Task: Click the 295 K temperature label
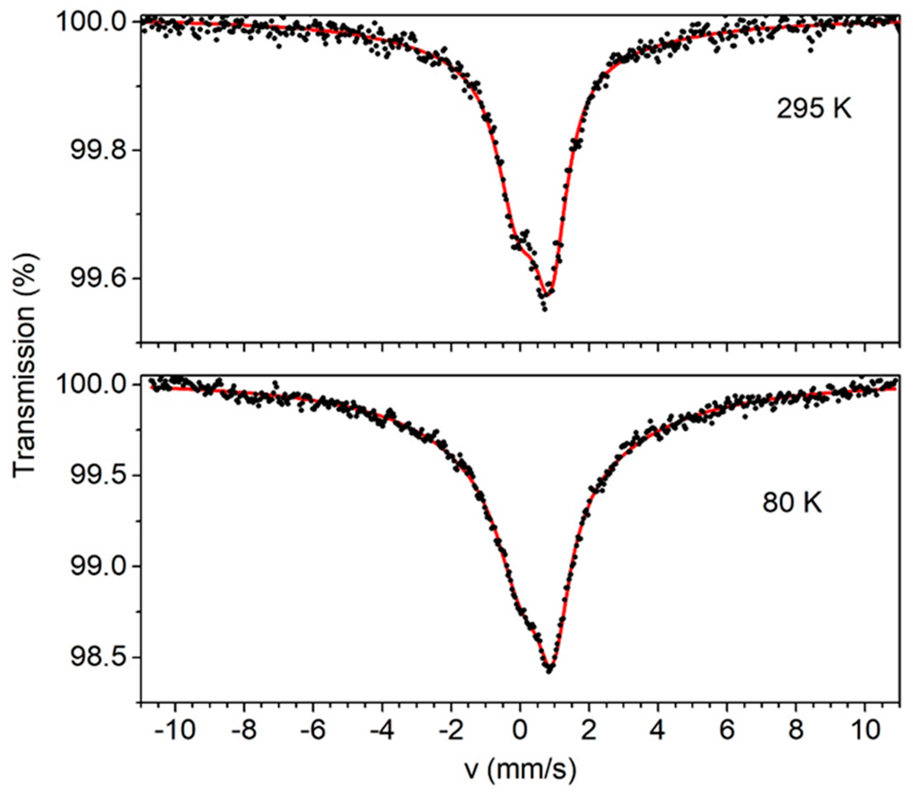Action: (814, 109)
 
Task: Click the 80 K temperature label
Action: (792, 503)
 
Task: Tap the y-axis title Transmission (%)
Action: (24, 366)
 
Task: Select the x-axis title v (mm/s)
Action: (521, 770)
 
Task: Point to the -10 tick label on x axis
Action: (175, 729)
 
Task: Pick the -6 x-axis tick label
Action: (313, 729)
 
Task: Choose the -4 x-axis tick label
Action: (382, 729)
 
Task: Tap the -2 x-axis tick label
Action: (451, 729)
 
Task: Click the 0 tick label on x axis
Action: (520, 729)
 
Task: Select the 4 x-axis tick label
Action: (658, 729)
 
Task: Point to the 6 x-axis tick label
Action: (727, 729)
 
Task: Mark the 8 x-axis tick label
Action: (796, 729)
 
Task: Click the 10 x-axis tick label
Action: (865, 729)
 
